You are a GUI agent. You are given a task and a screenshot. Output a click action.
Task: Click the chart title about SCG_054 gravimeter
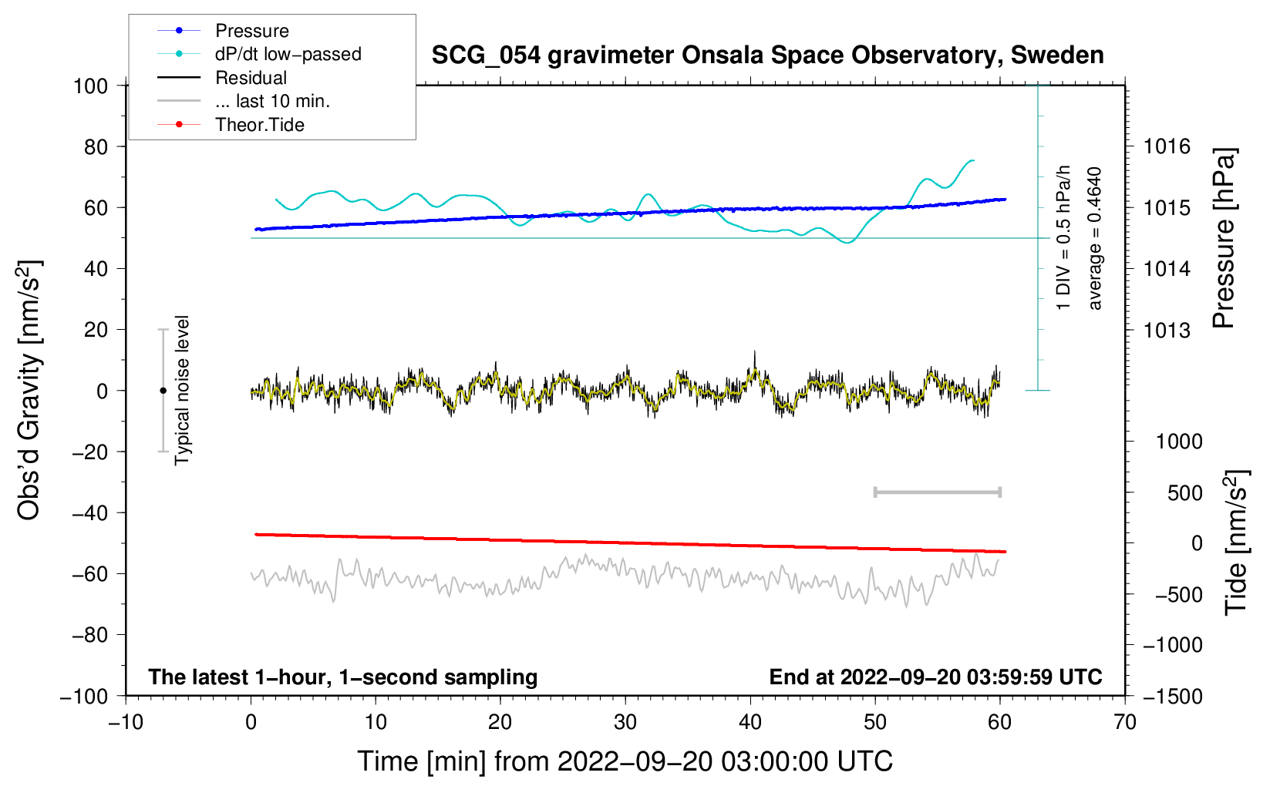pyautogui.click(x=767, y=55)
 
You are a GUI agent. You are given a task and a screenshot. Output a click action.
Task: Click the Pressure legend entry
pyautogui.click(x=251, y=31)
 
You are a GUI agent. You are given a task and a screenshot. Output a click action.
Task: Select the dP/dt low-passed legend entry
pyautogui.click(x=288, y=54)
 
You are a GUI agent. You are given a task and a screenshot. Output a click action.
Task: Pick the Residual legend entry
pyautogui.click(x=251, y=78)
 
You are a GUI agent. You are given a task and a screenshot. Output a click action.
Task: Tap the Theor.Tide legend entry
pyautogui.click(x=259, y=125)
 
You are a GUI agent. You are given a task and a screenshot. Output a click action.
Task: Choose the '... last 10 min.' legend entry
pyautogui.click(x=272, y=101)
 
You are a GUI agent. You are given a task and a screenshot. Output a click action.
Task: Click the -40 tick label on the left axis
pyautogui.click(x=90, y=512)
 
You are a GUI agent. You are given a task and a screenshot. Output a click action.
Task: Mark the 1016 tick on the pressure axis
pyautogui.click(x=1167, y=146)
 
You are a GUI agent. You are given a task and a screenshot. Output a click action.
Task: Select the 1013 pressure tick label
pyautogui.click(x=1167, y=331)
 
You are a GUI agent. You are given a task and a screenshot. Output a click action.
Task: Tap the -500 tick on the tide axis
pyautogui.click(x=1178, y=595)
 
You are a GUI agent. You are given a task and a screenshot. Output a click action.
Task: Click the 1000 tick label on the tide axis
pyautogui.click(x=1178, y=442)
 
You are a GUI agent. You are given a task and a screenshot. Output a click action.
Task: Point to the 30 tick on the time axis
pyautogui.click(x=625, y=722)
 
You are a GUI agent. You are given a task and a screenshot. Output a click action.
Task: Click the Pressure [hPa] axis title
pyautogui.click(x=1224, y=238)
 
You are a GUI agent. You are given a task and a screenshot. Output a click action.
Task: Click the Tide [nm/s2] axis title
pyautogui.click(x=1236, y=542)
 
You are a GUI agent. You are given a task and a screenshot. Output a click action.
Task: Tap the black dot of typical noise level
pyautogui.click(x=163, y=391)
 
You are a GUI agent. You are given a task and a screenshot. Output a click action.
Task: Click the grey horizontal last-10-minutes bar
pyautogui.click(x=937, y=492)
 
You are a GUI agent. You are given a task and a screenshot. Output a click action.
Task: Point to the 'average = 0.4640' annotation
pyautogui.click(x=1094, y=238)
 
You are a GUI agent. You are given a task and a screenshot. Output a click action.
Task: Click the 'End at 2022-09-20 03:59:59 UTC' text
pyautogui.click(x=935, y=677)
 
